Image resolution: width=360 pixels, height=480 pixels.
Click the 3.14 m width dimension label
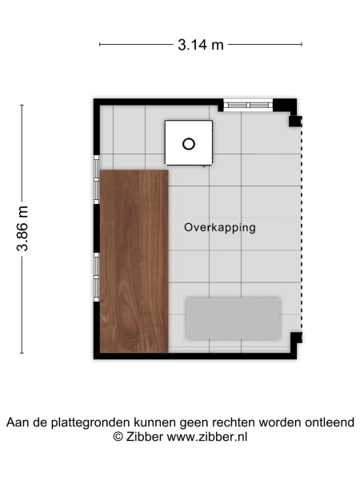pyautogui.click(x=201, y=45)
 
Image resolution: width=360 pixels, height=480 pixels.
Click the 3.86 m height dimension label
pyautogui.click(x=23, y=229)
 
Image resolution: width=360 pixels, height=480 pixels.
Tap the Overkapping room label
pyautogui.click(x=219, y=227)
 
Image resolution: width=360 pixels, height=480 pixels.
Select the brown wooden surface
pyautogui.click(x=133, y=260)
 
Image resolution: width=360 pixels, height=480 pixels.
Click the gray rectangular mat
pyautogui.click(x=233, y=317)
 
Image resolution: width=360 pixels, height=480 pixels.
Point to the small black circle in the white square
pyautogui.click(x=189, y=144)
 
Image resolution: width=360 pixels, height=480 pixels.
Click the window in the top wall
pyautogui.click(x=247, y=104)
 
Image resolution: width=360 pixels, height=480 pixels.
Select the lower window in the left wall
pyautogui.click(x=97, y=277)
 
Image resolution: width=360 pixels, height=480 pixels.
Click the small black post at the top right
pyautogui.click(x=294, y=122)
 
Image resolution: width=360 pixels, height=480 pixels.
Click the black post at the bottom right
pyautogui.click(x=295, y=337)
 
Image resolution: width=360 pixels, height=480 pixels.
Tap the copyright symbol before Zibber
pyautogui.click(x=118, y=437)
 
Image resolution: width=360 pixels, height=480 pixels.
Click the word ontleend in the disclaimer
pyautogui.click(x=328, y=422)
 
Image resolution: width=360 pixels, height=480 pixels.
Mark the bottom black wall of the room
pyautogui.click(x=192, y=355)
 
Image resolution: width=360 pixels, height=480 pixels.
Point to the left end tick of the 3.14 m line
pyautogui.click(x=100, y=45)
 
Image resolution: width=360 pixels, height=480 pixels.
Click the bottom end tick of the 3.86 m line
pyautogui.click(x=22, y=352)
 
